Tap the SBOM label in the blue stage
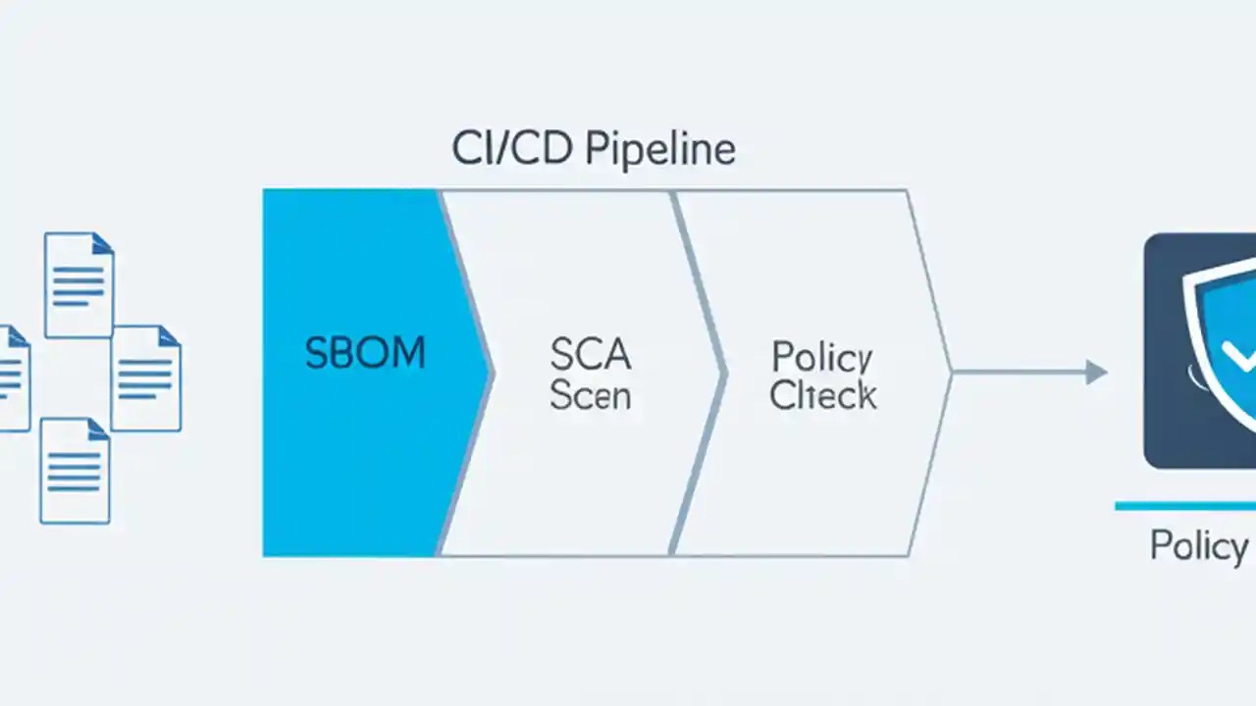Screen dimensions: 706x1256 pos(365,353)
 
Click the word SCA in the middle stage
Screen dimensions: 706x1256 pos(591,354)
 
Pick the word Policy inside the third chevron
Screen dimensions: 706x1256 pos(822,357)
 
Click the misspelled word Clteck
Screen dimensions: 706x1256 pos(822,395)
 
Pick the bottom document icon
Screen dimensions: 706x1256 pos(75,471)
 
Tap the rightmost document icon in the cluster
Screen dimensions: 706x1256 pos(145,378)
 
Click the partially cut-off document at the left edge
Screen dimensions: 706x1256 pos(14,378)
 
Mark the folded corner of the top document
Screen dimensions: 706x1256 pos(104,242)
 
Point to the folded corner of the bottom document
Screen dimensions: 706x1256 pos(99,429)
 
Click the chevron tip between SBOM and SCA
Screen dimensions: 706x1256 pos(490,373)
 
